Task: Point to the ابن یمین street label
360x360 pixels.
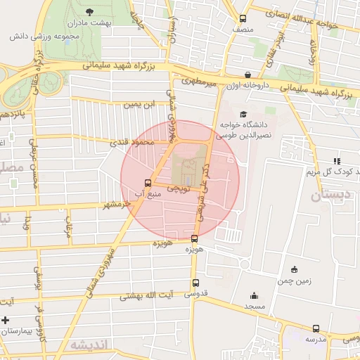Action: pos(139,105)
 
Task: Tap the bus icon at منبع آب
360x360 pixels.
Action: pos(148,181)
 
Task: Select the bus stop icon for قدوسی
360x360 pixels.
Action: pos(195,283)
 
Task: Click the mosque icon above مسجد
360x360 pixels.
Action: pos(254,295)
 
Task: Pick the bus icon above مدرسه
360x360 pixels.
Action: pos(316,328)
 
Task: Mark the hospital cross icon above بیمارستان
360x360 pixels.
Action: pos(6,320)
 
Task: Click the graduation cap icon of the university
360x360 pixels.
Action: pos(243,114)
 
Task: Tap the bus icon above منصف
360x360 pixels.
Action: pos(243,19)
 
